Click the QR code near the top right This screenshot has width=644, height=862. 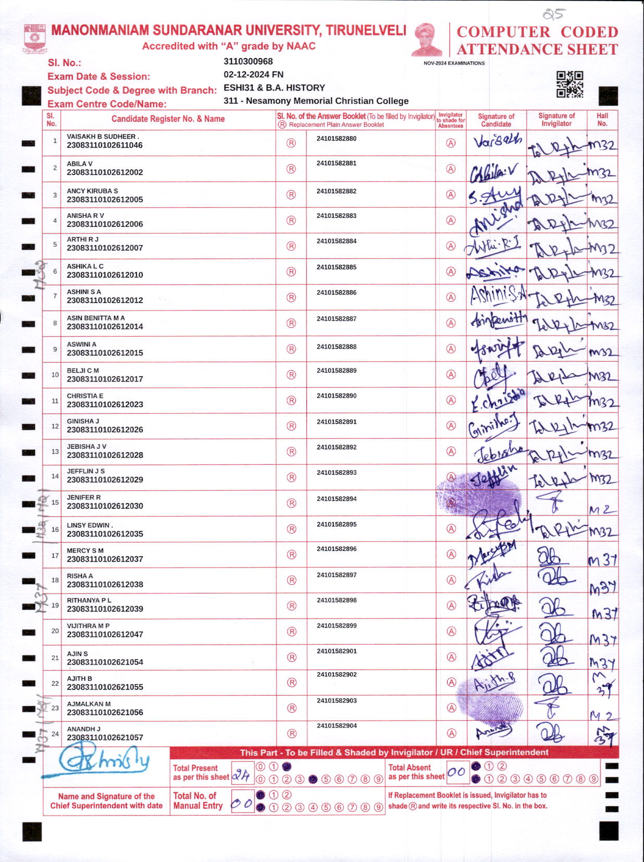(x=569, y=84)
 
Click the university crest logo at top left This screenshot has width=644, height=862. (x=34, y=39)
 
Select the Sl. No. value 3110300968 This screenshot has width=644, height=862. (x=248, y=61)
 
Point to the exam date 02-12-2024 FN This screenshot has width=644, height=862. (x=253, y=75)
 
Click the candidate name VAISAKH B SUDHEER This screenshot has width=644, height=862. (x=102, y=137)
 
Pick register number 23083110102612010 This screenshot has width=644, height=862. (x=105, y=275)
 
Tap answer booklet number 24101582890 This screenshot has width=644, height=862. (x=337, y=396)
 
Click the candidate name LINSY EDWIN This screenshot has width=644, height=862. (x=89, y=525)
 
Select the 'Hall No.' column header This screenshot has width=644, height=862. (x=602, y=120)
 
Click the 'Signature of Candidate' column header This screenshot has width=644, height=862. (x=496, y=120)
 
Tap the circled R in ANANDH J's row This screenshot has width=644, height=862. (x=292, y=733)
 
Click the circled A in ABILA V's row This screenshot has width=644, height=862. (x=451, y=169)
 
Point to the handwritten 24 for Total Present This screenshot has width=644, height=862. (x=241, y=775)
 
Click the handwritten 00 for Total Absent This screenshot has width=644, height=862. (x=456, y=772)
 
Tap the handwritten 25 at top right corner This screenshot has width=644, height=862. (x=553, y=14)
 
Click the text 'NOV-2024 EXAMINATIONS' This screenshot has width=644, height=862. (x=454, y=63)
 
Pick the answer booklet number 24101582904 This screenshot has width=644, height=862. (x=337, y=725)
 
